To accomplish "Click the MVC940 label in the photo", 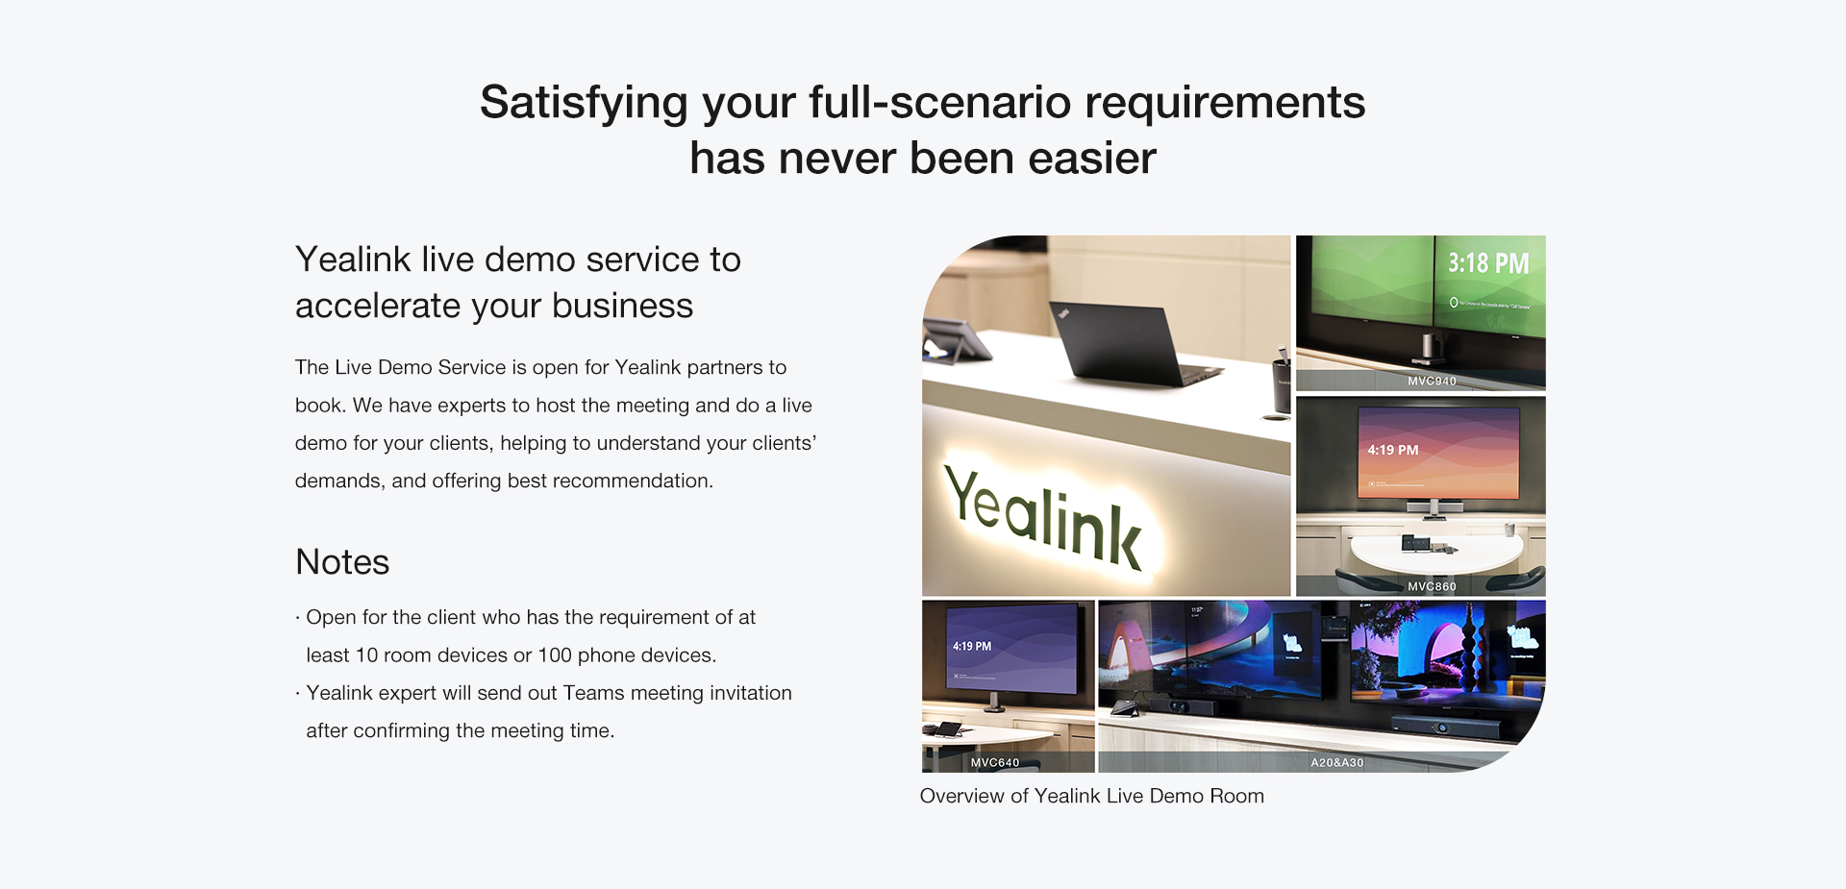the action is [x=1432, y=381].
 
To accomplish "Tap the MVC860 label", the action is [x=1432, y=586].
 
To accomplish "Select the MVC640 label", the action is [x=995, y=762].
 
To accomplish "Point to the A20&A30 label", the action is [x=1337, y=762].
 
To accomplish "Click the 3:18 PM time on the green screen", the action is [x=1488, y=263].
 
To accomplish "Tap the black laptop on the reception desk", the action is [x=1135, y=344].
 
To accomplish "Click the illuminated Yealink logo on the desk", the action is [x=1044, y=517].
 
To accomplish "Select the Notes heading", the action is [x=342, y=562].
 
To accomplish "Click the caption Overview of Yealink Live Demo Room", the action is [x=1092, y=796].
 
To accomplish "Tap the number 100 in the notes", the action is [x=555, y=655].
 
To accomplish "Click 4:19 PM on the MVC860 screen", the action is [x=1393, y=450].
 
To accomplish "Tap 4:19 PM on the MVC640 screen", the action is [x=972, y=646].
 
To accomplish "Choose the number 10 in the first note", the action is [x=366, y=655].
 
